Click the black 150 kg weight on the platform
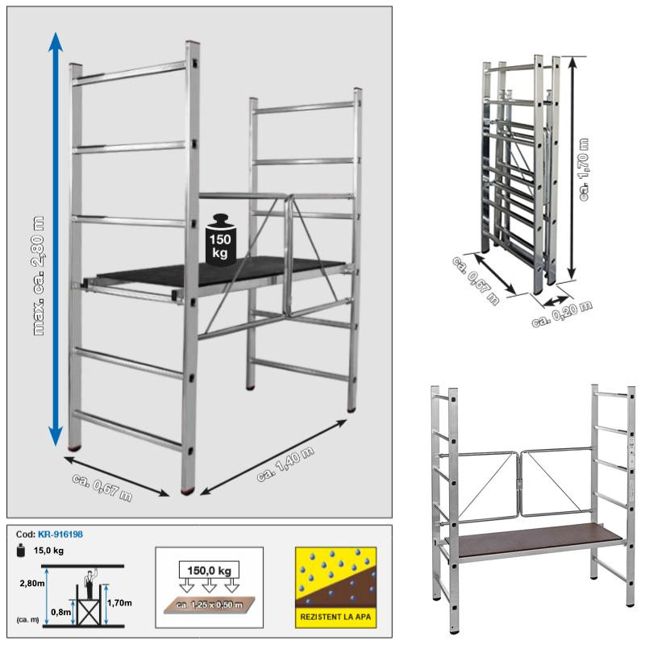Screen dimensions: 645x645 [221, 239]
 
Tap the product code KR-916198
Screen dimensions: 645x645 [60, 535]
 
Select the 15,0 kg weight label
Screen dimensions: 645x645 [48, 551]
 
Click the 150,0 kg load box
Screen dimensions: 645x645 [210, 571]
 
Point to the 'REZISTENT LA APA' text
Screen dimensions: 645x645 [335, 617]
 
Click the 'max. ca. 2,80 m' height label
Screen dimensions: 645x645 [39, 275]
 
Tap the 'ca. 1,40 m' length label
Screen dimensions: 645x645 [285, 464]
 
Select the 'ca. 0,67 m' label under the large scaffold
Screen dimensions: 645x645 [102, 488]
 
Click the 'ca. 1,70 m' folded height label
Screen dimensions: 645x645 [584, 169]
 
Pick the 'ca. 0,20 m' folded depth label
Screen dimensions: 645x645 [562, 314]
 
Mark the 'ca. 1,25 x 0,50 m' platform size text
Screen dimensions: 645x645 [210, 605]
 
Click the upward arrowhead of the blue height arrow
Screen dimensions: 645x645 [56, 42]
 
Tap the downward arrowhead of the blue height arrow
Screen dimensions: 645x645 [56, 437]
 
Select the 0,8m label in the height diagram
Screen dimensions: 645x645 [61, 612]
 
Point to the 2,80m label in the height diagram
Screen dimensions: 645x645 [32, 583]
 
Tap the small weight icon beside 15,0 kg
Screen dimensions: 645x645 [21, 551]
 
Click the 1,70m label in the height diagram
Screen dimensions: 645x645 [119, 603]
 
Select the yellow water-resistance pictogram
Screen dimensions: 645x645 [335, 588]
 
